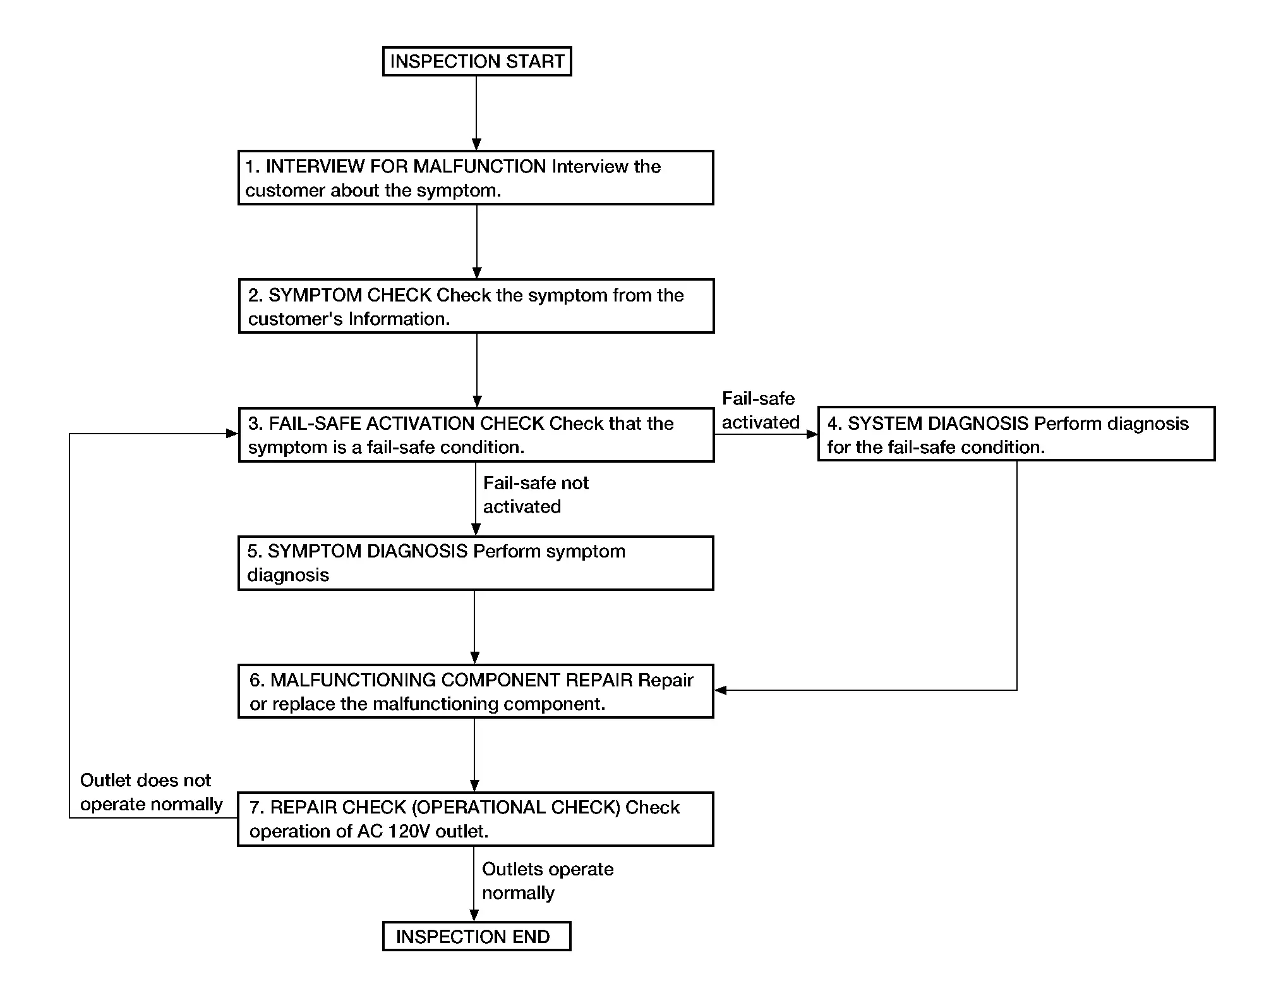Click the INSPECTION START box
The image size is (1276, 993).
pos(477,61)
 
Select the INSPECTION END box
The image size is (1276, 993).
pos(477,936)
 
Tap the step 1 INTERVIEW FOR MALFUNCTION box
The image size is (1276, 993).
pos(476,178)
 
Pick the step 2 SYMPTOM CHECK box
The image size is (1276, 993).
pos(476,306)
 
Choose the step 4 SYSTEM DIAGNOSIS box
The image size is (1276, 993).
pos(1016,434)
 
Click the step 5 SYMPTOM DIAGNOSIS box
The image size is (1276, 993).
pos(476,563)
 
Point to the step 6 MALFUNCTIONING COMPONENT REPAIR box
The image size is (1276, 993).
pos(476,691)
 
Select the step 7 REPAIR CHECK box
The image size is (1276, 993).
pos(476,819)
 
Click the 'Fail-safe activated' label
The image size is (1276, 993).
pos(761,410)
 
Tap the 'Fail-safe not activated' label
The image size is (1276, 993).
pos(536,495)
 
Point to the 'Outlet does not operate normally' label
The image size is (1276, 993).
pos(152,792)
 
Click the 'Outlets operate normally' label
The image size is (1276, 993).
pos(548,881)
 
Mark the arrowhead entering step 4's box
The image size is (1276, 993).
pos(812,434)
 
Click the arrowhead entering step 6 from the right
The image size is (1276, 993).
pos(720,690)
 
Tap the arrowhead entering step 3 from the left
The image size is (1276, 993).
pos(232,434)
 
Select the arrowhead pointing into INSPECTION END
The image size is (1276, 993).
pos(474,915)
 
